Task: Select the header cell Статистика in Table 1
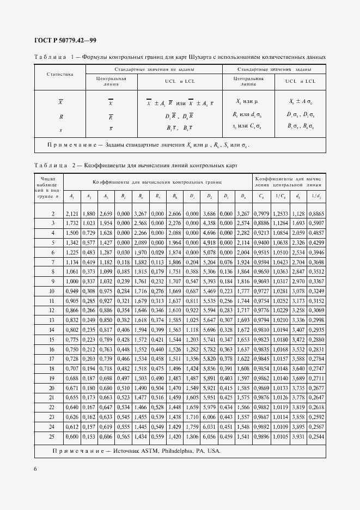pyautogui.click(x=60, y=74)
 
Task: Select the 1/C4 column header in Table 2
pyautogui.click(x=280, y=196)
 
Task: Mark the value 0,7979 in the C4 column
pyautogui.click(x=263, y=214)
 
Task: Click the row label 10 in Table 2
pyautogui.click(x=53, y=292)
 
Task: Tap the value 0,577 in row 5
pyautogui.click(x=88, y=243)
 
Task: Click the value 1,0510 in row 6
pyautogui.click(x=280, y=253)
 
